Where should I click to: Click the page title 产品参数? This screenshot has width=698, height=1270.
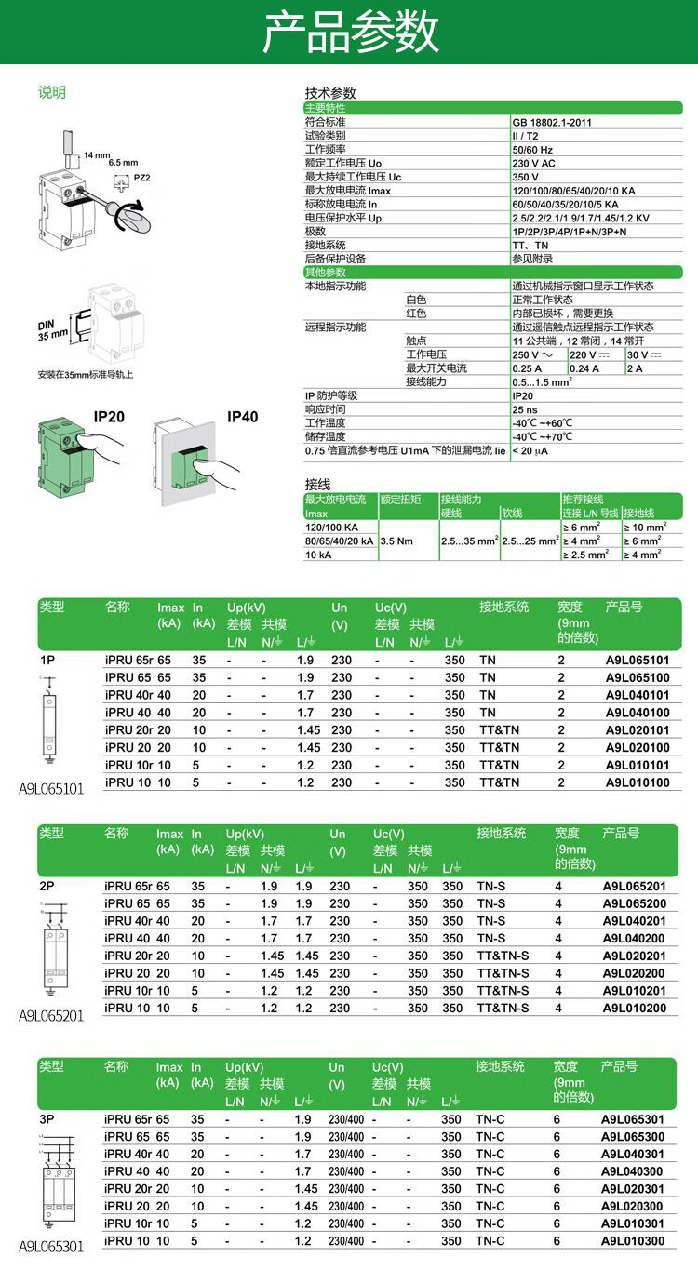pos(349,33)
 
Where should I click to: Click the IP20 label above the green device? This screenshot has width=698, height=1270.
pos(109,417)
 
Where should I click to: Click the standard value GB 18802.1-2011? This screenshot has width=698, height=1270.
pos(552,122)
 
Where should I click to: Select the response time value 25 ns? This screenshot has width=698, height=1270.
pos(525,409)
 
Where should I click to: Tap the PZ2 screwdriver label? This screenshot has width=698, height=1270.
pos(142,177)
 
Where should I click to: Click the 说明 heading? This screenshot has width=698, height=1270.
pos(52,92)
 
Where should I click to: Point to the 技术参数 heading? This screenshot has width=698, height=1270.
pos(330,93)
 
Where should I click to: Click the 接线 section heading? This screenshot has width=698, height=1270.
pos(318,485)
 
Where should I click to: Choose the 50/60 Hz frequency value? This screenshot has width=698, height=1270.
pos(532,149)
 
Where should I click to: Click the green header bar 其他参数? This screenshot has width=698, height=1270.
pos(326,273)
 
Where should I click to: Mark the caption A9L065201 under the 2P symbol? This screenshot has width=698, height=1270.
pos(51,1016)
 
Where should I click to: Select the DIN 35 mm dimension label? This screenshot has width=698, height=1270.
pos(54,328)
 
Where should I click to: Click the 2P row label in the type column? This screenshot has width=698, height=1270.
pos(47,887)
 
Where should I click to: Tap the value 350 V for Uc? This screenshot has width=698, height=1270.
pos(525,177)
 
